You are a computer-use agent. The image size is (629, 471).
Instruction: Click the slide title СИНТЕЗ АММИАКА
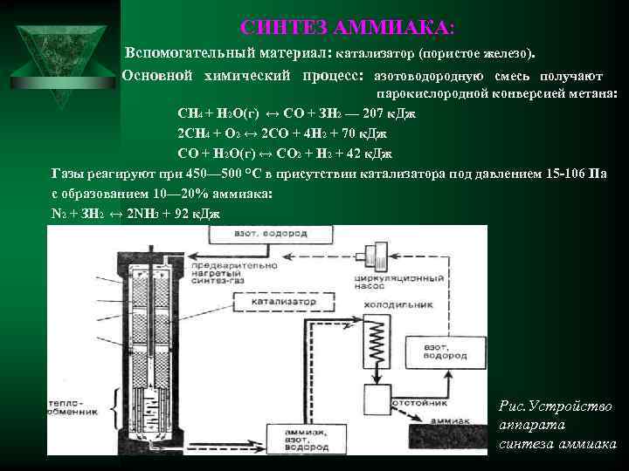347,28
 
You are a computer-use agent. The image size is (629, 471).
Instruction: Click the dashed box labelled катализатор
280,302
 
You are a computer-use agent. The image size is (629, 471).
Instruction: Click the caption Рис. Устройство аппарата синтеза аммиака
556,426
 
